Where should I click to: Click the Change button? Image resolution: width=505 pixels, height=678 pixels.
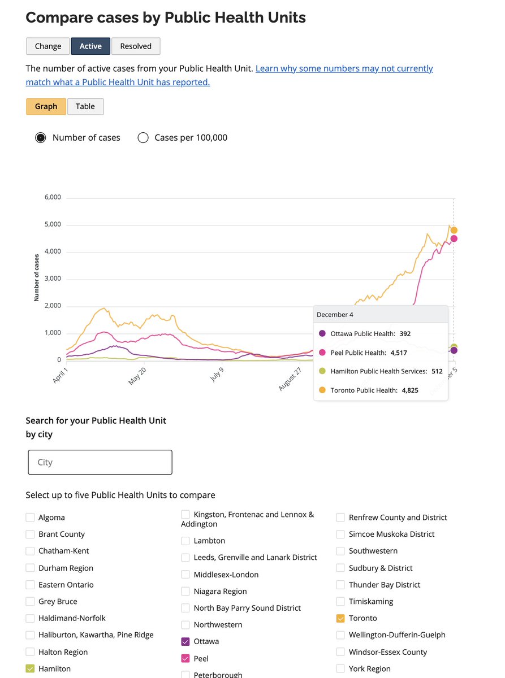pyautogui.click(x=48, y=46)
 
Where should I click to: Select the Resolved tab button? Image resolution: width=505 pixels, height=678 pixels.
pyautogui.click(x=136, y=46)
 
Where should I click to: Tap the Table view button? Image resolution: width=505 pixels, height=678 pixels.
pyautogui.click(x=85, y=106)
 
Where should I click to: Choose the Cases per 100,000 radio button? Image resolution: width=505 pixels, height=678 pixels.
pyautogui.click(x=143, y=138)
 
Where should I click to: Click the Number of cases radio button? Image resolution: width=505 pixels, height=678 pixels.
pyautogui.click(x=41, y=138)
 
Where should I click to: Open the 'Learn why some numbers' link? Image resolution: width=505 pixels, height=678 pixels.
pyautogui.click(x=344, y=68)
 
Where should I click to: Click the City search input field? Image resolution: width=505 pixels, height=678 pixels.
pyautogui.click(x=100, y=462)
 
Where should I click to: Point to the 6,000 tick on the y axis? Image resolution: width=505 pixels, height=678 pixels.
pyautogui.click(x=51, y=197)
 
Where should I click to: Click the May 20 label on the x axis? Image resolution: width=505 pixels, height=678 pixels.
pyautogui.click(x=137, y=376)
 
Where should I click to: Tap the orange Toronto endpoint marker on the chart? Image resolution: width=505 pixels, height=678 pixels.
pyautogui.click(x=454, y=230)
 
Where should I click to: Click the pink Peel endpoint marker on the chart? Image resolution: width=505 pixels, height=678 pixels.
pyautogui.click(x=454, y=238)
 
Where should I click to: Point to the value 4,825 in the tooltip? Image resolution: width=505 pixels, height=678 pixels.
pyautogui.click(x=410, y=390)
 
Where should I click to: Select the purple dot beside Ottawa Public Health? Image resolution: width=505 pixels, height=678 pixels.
pyautogui.click(x=322, y=334)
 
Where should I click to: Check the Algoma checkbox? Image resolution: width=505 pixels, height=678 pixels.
pyautogui.click(x=30, y=518)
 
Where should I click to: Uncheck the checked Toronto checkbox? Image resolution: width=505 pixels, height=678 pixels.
pyautogui.click(x=340, y=619)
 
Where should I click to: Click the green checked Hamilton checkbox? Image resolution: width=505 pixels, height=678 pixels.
pyautogui.click(x=30, y=669)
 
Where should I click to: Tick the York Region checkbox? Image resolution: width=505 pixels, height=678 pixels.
pyautogui.click(x=340, y=669)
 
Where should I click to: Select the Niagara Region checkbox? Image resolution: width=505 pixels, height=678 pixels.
pyautogui.click(x=185, y=592)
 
